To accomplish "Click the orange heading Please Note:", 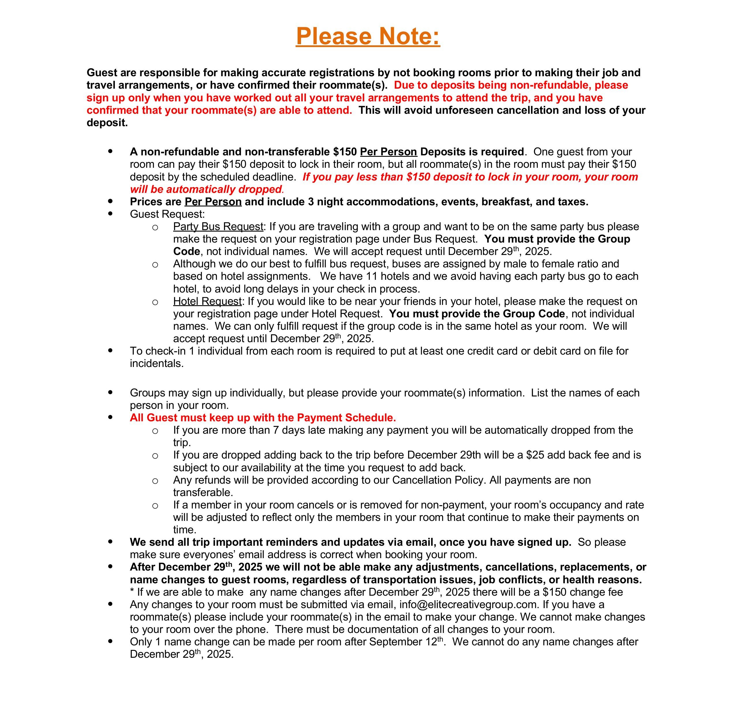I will coord(368,36).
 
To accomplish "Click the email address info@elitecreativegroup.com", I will coord(468,604).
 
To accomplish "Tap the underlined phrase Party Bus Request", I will coord(218,226).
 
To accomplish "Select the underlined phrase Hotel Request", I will coord(207,301).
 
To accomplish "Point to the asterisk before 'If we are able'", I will coord(132,592).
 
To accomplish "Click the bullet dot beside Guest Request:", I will coord(110,214).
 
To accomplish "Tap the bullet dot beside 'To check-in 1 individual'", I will coord(110,351).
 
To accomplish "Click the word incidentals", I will coord(157,364).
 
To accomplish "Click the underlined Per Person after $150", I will coord(388,152).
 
